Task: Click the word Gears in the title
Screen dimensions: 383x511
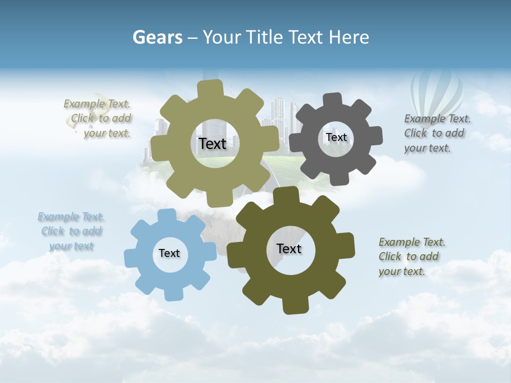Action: point(156,37)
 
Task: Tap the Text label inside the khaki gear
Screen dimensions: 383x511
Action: point(212,144)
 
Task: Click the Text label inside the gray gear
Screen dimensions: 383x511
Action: point(336,137)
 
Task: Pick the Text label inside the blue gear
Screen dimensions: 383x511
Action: point(169,253)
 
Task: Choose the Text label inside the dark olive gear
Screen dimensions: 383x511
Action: point(289,248)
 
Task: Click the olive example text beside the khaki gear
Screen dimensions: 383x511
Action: point(99,119)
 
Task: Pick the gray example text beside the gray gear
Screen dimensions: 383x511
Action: point(436,133)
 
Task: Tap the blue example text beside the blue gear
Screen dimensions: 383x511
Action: point(71,231)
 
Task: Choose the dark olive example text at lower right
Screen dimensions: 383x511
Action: point(411,256)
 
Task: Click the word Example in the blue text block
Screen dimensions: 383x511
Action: point(56,217)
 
